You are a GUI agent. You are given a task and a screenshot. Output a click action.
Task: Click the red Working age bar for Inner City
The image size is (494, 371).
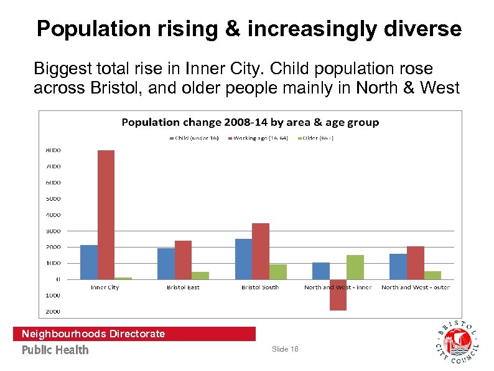tap(106, 214)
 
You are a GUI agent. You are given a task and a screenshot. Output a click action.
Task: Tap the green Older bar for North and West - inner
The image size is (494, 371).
tap(355, 267)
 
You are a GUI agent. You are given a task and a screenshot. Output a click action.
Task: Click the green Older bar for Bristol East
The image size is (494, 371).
tap(200, 275)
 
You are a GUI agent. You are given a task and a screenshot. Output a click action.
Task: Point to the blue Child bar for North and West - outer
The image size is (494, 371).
tap(398, 266)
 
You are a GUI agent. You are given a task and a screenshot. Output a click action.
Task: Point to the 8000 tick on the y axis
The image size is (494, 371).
tap(52, 150)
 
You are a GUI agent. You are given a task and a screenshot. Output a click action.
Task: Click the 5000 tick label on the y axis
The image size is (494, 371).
tap(52, 199)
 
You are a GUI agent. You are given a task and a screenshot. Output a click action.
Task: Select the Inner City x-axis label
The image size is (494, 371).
tap(105, 287)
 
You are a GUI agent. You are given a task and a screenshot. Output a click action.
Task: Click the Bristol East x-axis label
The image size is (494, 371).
tap(183, 287)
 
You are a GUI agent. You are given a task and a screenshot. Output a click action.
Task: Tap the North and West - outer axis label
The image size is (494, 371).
tap(415, 287)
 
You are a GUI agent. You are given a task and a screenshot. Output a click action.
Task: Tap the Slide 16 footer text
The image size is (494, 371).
tap(285, 349)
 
